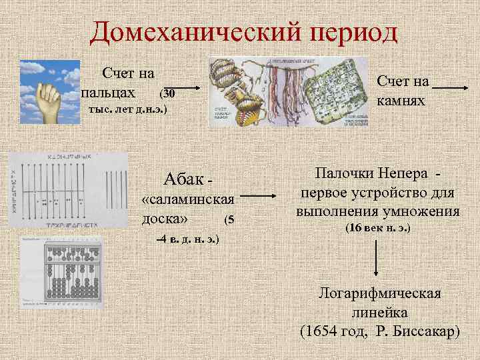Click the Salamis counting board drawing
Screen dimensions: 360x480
[x=69, y=189]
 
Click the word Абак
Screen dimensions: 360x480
[x=181, y=179]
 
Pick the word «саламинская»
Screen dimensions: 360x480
[x=188, y=200]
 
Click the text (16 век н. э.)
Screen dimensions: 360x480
[x=377, y=229]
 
